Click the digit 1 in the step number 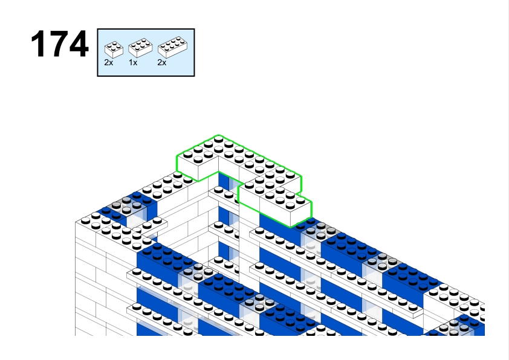[39, 43]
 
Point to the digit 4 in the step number [79, 43]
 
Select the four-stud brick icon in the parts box [114, 50]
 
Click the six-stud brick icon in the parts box [140, 48]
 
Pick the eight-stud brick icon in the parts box [172, 47]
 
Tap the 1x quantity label [133, 63]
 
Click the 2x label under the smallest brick [109, 63]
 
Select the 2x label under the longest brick [161, 63]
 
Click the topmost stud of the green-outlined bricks [218, 139]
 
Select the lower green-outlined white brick [275, 204]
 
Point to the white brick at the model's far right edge [455, 301]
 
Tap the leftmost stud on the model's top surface [85, 221]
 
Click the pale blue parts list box [146, 53]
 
